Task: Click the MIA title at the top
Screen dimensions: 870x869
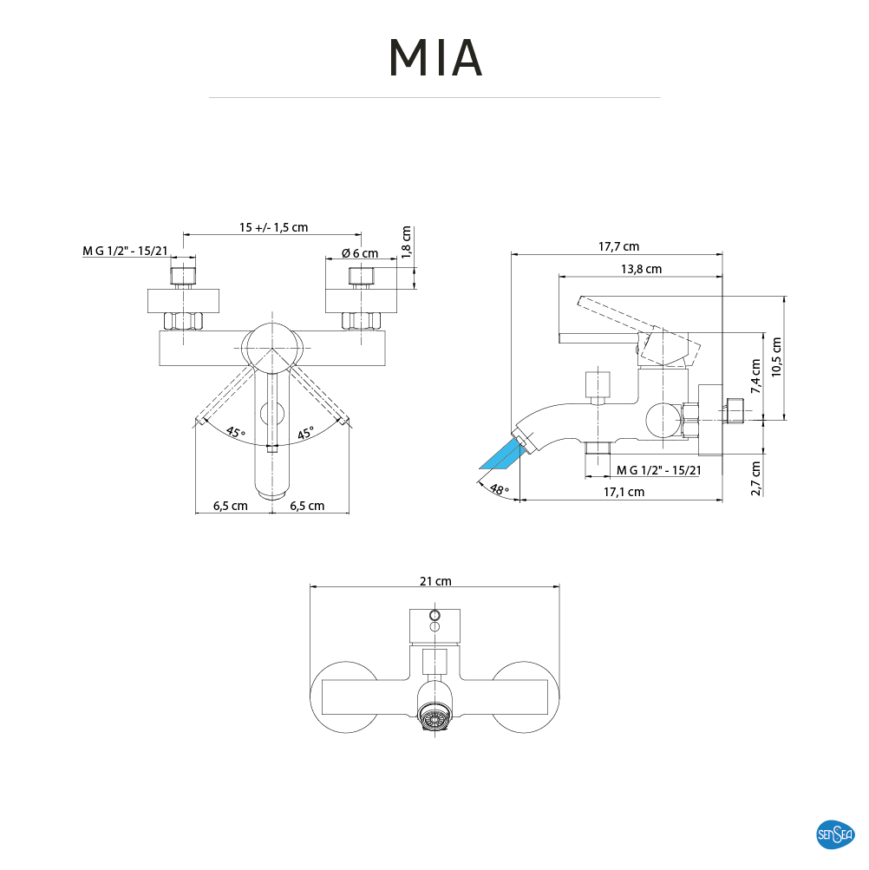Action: coord(434,56)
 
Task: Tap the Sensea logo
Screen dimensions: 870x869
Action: coord(836,834)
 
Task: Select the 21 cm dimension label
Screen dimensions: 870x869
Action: coord(435,581)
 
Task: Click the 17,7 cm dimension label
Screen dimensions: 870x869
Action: coord(618,246)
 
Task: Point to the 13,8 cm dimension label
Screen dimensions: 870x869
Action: coord(641,269)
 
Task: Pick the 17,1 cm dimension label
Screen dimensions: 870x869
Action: coord(624,492)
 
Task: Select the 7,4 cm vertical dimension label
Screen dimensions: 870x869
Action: coord(755,376)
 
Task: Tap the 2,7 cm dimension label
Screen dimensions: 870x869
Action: coord(755,478)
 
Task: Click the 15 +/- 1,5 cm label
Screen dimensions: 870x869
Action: coord(273,227)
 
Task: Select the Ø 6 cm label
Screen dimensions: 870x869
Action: coord(359,253)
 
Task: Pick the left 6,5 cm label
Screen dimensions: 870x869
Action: coord(232,506)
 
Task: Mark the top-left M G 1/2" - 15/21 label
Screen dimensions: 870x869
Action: coord(125,252)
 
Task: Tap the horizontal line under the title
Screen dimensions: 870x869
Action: coord(434,98)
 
